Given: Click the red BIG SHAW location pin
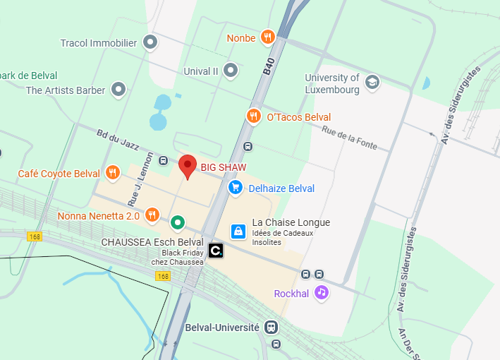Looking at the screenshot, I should pyautogui.click(x=187, y=166).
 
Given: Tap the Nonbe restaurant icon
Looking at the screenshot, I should pyautogui.click(x=267, y=37).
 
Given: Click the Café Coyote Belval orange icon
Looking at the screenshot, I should pyautogui.click(x=112, y=173).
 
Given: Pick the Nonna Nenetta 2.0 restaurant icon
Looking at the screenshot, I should pyautogui.click(x=152, y=215).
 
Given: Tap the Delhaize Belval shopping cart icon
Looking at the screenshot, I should pyautogui.click(x=236, y=188).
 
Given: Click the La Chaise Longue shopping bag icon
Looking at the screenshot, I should pyautogui.click(x=239, y=231).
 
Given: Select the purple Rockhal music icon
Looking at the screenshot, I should pyautogui.click(x=322, y=292).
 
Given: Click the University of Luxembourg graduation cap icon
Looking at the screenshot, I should pyautogui.click(x=372, y=83).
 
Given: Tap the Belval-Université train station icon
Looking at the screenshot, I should pyautogui.click(x=270, y=328).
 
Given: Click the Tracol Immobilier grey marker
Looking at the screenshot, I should pyautogui.click(x=150, y=43).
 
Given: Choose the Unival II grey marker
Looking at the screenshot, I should pyautogui.click(x=231, y=71).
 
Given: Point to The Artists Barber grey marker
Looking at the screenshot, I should pyautogui.click(x=118, y=90).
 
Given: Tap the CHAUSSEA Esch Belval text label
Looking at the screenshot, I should pyautogui.click(x=152, y=241).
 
